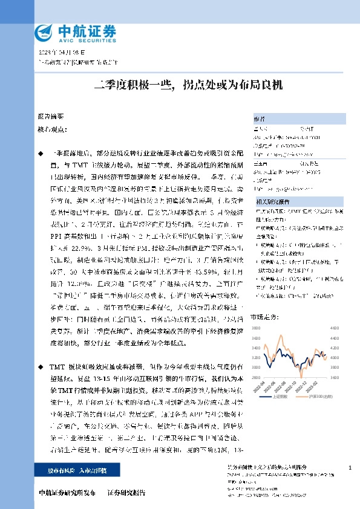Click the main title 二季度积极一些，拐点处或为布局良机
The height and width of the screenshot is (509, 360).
[x=179, y=86]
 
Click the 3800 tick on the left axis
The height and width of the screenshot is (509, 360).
[x=255, y=328]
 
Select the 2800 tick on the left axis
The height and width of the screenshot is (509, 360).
[x=255, y=377]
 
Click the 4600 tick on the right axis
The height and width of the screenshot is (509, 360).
[x=332, y=328]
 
